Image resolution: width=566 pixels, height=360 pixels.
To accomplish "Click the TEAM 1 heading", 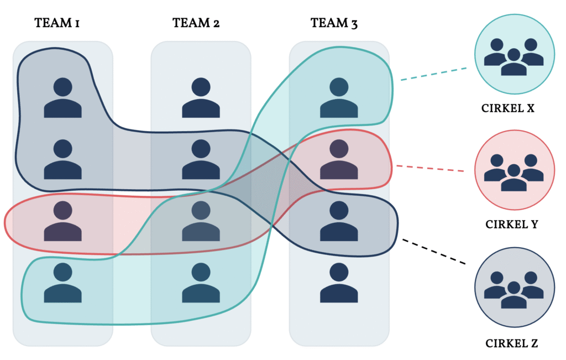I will click(x=57, y=23).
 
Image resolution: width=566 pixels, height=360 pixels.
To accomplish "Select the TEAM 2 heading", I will click(x=195, y=23).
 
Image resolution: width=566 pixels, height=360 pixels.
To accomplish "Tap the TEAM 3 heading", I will click(x=334, y=23).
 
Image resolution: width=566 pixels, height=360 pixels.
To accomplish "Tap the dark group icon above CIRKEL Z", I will click(x=514, y=287).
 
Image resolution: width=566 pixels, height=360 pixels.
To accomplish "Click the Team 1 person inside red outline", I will click(x=63, y=221).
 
